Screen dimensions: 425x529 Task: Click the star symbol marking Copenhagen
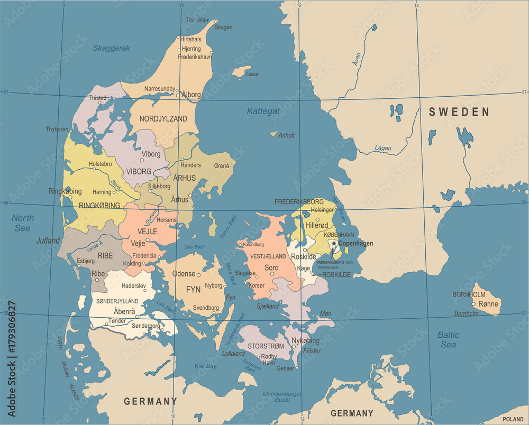[x=334, y=243]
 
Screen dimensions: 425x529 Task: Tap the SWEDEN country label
[x=459, y=112]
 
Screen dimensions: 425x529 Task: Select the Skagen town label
[x=223, y=27]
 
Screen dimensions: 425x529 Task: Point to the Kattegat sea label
[x=263, y=111]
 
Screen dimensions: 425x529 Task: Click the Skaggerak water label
[x=112, y=48]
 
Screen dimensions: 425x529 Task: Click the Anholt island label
[x=286, y=135]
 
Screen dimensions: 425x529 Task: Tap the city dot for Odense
[x=199, y=274]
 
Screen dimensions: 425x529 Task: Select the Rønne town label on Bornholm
[x=488, y=304]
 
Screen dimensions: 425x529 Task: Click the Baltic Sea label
[x=448, y=339]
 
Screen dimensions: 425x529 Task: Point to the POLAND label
[x=513, y=419]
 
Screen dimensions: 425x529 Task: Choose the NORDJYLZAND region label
[x=163, y=119]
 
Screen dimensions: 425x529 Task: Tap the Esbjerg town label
[x=85, y=261]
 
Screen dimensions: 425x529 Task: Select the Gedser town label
[x=285, y=368]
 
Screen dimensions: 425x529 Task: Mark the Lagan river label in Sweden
[x=383, y=148]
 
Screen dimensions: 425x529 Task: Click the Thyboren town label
[x=57, y=129]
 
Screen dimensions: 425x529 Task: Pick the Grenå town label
[x=222, y=165]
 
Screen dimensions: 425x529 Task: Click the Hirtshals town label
[x=190, y=39]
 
